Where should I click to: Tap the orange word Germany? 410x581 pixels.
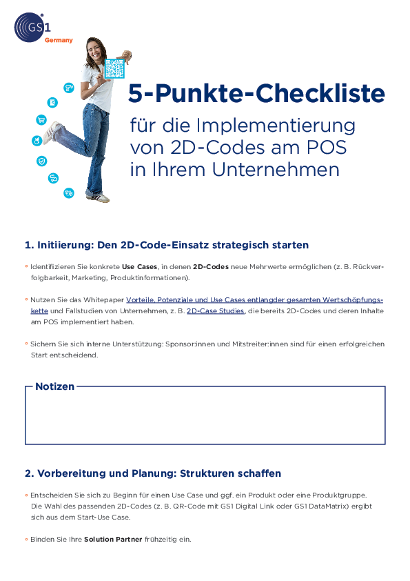click(59, 41)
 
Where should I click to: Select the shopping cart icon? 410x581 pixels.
click(41, 119)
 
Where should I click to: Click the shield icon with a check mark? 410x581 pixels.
click(41, 161)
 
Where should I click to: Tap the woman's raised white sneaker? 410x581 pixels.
click(52, 132)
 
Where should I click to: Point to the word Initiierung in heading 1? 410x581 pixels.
click(66, 245)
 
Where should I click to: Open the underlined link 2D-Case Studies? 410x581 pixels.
click(215, 311)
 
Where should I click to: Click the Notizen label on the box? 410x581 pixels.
click(54, 386)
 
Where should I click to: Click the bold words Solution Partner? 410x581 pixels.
click(113, 540)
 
